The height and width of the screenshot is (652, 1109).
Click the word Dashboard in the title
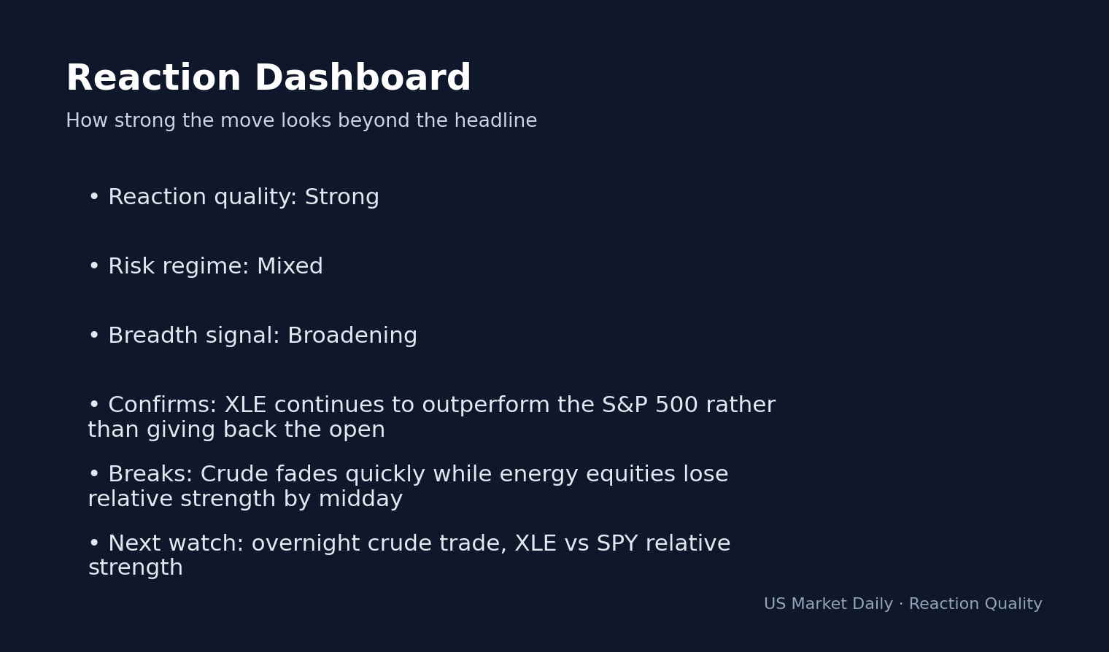pos(362,79)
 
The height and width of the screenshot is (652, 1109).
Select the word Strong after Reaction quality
pos(341,198)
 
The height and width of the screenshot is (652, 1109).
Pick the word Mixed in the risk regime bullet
pos(290,267)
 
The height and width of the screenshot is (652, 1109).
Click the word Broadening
pos(352,336)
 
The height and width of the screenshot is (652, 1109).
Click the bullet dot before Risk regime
pos(94,267)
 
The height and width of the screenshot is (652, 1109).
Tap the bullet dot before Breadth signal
pos(94,336)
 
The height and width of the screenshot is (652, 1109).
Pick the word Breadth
pos(153,336)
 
